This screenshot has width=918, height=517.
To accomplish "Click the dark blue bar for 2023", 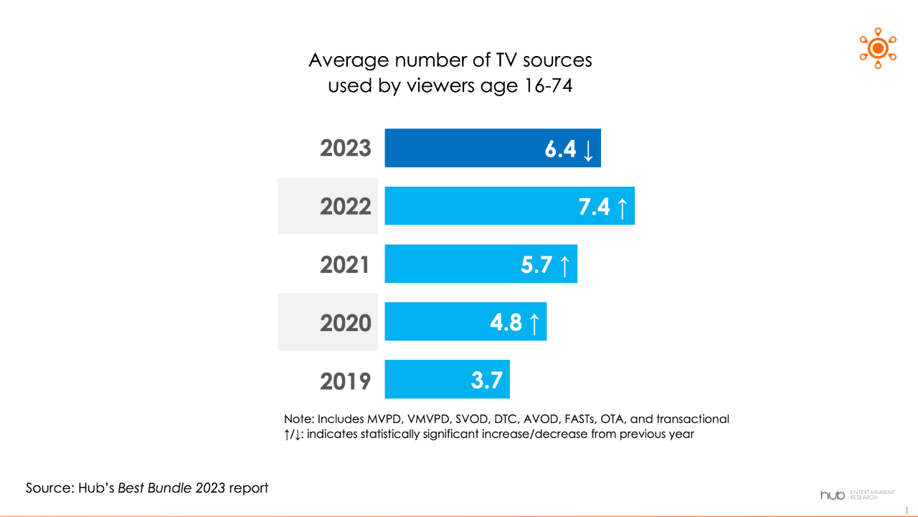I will coord(492,148).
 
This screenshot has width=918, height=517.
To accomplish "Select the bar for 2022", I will coord(509,206).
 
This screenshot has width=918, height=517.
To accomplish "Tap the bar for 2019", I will coord(447,379).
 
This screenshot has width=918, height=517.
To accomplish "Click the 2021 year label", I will coord(345,264).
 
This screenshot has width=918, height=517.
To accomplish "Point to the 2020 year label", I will coord(346,322).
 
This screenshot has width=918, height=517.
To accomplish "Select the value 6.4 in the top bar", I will coord(560,149).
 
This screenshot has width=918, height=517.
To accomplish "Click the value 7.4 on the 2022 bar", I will coord(595,207).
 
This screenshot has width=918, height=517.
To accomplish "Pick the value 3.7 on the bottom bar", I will coord(486,380).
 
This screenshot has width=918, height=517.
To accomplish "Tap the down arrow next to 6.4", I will coord(588,149).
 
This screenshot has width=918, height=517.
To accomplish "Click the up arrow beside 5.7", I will coord(564,265).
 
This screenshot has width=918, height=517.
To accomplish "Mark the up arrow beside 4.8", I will coord(534,323).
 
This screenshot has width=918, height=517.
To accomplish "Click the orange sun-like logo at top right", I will coord(878,48).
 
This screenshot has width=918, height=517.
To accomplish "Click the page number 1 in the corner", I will coord(907,510).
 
